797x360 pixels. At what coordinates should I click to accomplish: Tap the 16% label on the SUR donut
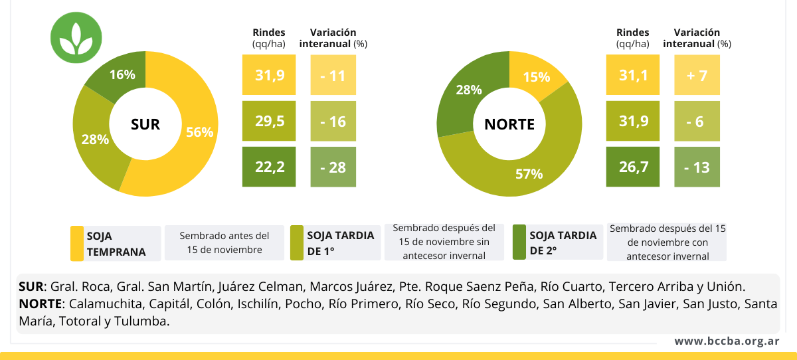(x=122, y=74)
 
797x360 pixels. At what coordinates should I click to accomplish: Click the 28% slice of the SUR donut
(x=95, y=139)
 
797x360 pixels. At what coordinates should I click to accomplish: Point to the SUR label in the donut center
(x=145, y=124)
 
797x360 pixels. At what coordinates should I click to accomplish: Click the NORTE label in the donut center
(x=509, y=124)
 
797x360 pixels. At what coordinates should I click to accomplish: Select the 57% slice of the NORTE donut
(x=529, y=174)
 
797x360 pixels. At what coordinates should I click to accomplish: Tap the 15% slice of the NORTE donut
(x=536, y=77)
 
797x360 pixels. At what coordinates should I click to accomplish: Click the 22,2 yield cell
(x=270, y=167)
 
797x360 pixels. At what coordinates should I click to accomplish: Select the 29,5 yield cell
(x=270, y=121)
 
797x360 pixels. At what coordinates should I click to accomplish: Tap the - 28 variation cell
(x=333, y=167)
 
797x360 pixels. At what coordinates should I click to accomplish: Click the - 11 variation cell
(x=333, y=75)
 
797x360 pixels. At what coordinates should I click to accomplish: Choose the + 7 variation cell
(x=697, y=75)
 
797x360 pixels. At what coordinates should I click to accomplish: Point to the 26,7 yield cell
(x=633, y=167)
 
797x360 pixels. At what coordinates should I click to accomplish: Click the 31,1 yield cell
(x=633, y=75)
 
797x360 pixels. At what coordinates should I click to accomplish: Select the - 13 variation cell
(x=697, y=167)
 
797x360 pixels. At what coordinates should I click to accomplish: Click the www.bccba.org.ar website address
(x=727, y=341)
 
